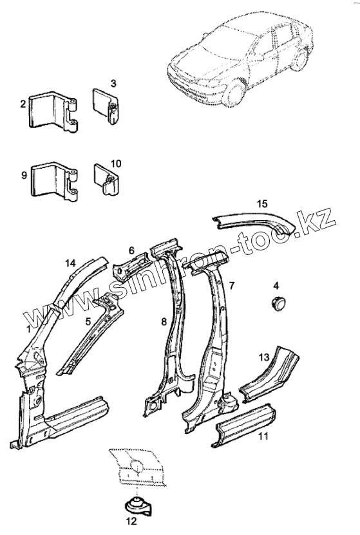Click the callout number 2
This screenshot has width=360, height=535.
[23, 104]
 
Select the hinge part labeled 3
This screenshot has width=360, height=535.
[105, 106]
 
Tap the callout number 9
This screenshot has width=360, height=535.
[24, 176]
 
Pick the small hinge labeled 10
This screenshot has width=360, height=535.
[106, 180]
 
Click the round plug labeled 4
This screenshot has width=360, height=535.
[279, 303]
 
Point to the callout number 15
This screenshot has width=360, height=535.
[262, 204]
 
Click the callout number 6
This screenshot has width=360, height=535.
[132, 251]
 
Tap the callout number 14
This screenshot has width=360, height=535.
[70, 263]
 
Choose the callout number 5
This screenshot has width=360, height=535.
[88, 321]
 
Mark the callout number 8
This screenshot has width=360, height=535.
[164, 321]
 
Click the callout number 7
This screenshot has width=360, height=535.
[232, 286]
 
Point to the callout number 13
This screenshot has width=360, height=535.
[264, 357]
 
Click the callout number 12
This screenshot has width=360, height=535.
[131, 521]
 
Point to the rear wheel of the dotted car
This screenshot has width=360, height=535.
[300, 59]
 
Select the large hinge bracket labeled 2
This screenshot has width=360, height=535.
[53, 111]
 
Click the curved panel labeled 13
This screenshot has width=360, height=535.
[269, 374]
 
